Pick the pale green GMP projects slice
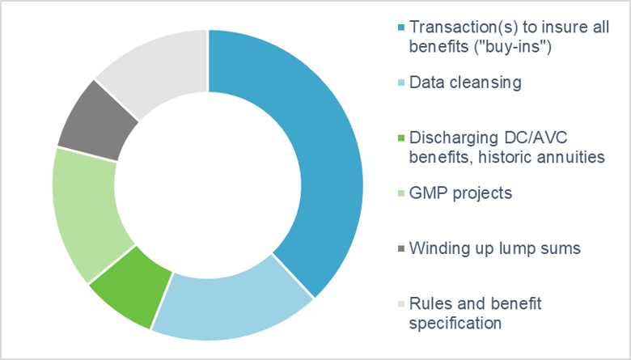tap(87, 214)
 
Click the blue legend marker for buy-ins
tap(400, 28)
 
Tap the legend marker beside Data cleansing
tap(400, 83)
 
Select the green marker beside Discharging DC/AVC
tap(400, 138)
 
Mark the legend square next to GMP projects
tap(400, 193)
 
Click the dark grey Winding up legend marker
tap(400, 248)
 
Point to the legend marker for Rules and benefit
tap(400, 304)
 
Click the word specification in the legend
tap(455, 324)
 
